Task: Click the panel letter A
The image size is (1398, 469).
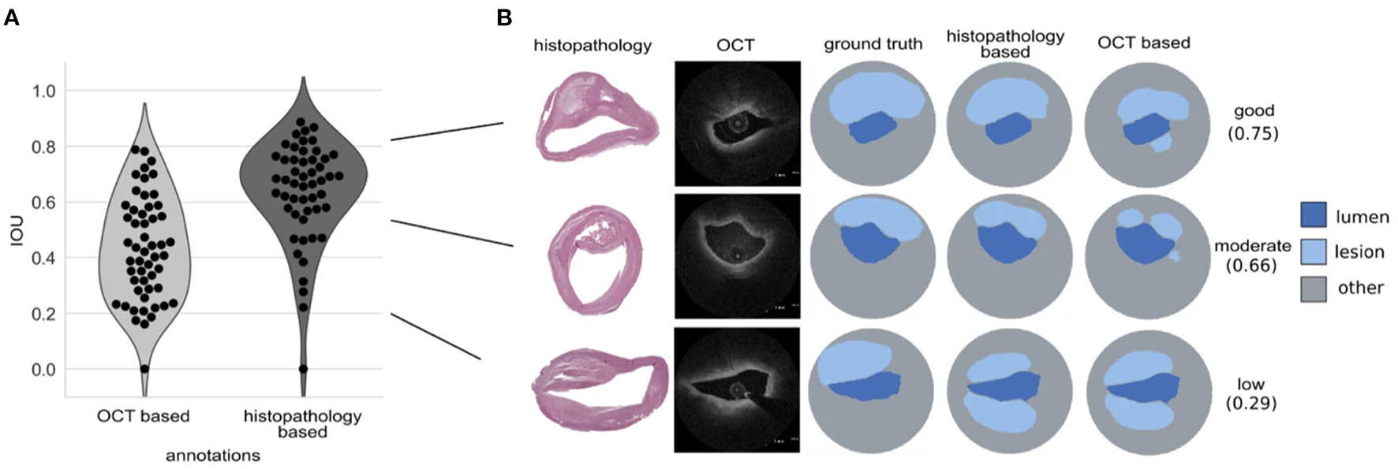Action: click(11, 17)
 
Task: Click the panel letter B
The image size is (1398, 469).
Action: click(505, 17)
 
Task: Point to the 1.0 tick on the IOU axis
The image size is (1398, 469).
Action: click(44, 91)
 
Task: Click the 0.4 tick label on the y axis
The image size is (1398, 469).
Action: click(44, 258)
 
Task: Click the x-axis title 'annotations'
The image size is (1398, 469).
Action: click(213, 456)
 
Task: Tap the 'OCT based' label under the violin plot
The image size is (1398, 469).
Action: click(144, 416)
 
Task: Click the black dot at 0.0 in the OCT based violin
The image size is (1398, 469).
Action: click(144, 369)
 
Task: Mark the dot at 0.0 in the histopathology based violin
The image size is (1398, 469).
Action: click(303, 369)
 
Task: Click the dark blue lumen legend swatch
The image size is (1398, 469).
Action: click(1313, 214)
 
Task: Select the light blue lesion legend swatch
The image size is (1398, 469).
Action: click(1313, 251)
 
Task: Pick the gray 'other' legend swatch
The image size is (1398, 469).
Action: click(1313, 288)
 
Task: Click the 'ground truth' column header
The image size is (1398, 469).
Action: click(873, 44)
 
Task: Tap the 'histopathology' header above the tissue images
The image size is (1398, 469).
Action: click(592, 45)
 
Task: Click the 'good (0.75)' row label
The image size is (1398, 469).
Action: click(1253, 122)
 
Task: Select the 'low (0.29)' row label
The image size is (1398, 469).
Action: click(1251, 394)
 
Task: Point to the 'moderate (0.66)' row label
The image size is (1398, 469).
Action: click(1252, 255)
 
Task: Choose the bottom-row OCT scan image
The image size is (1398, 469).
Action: click(737, 390)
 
